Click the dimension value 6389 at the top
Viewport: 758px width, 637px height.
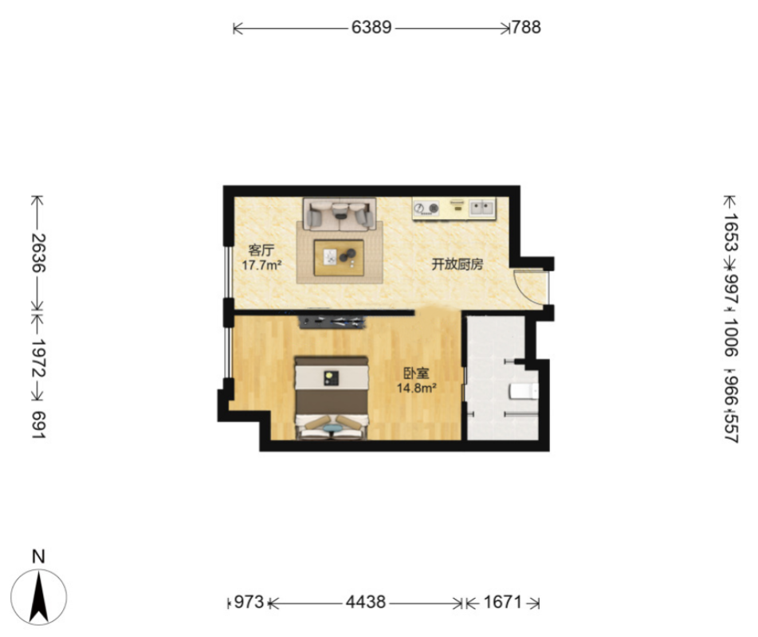371,28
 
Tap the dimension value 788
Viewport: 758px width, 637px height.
526,28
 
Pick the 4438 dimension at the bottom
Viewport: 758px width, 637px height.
366,602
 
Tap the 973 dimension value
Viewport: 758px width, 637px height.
249,602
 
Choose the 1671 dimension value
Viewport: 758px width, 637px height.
503,602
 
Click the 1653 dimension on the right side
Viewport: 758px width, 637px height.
731,233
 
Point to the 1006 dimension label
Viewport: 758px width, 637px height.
731,337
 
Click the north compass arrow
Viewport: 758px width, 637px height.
39,597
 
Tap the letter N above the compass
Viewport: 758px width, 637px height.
38,557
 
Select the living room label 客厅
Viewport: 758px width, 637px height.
261,250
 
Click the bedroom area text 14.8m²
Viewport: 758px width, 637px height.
417,388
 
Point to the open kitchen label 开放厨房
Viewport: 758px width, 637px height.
458,264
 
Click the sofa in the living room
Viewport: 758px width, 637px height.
340,213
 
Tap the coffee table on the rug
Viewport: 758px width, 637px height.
339,258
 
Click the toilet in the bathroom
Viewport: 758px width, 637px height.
524,391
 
